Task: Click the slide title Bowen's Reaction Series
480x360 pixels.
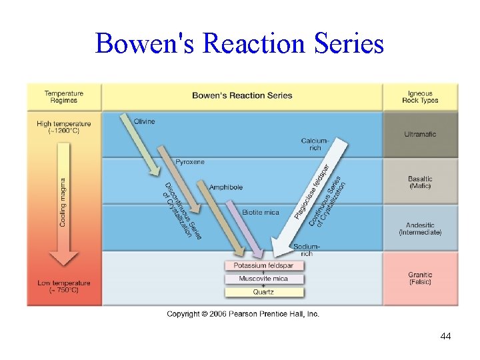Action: tap(239, 43)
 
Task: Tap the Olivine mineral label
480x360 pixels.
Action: tap(144, 121)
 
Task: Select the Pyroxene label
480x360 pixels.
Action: tap(190, 162)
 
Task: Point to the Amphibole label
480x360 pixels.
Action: tap(226, 187)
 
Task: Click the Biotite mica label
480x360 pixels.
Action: tap(261, 212)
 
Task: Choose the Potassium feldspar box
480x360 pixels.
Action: tap(263, 265)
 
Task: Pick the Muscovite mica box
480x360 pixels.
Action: tap(263, 279)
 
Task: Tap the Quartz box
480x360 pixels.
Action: tap(263, 292)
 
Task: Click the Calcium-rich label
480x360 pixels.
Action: tap(315, 144)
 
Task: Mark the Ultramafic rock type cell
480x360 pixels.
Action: tap(420, 134)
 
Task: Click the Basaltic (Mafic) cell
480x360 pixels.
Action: tap(420, 182)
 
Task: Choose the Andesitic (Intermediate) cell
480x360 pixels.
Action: tap(420, 229)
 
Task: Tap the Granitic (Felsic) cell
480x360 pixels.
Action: tap(420, 278)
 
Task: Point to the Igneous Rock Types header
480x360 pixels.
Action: tap(420, 97)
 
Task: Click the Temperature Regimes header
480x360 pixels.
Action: tap(64, 97)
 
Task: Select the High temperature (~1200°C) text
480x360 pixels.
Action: tap(64, 127)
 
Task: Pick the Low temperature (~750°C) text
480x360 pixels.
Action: tap(64, 287)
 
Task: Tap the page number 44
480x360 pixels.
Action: tap(445, 336)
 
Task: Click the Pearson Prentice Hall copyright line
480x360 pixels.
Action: tap(243, 314)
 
